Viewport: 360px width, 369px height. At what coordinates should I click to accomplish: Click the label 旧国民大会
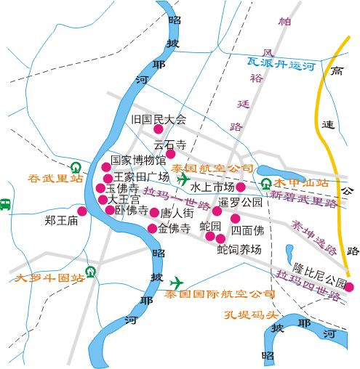point(158,119)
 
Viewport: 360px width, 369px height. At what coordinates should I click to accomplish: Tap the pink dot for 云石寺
point(171,154)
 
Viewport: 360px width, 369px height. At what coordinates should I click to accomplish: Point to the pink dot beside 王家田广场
point(108,178)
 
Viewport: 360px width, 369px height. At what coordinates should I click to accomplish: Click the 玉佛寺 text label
point(122,189)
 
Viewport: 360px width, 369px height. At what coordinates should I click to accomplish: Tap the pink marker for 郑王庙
point(81,211)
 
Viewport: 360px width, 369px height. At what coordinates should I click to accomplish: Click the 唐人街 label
point(176,214)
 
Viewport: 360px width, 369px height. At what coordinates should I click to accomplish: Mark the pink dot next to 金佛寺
point(152,228)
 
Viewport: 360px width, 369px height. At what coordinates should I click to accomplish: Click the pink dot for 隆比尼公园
point(348,287)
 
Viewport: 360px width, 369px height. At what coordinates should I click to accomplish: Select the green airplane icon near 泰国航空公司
point(183,179)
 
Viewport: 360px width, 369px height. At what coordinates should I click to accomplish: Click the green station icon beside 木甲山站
point(266,184)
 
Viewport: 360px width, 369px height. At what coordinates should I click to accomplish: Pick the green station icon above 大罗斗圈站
point(90,272)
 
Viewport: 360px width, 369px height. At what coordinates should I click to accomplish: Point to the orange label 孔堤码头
point(252,315)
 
